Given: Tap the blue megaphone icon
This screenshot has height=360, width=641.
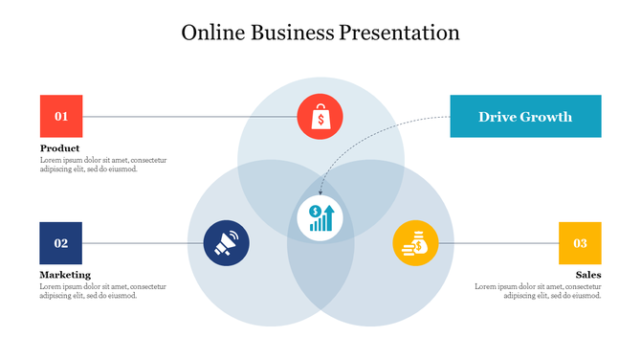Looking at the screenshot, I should (226, 243).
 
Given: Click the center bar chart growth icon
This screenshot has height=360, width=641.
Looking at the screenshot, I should (320, 218).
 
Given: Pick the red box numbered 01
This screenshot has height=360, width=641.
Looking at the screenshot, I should (60, 117).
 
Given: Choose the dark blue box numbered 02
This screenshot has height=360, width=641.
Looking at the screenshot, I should (60, 243).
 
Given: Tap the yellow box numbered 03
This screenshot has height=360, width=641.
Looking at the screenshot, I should (580, 243).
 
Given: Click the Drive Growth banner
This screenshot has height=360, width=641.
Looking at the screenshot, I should (525, 117).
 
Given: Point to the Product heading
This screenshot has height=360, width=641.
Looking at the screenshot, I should (59, 148).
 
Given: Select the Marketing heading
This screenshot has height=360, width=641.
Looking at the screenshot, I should (65, 275).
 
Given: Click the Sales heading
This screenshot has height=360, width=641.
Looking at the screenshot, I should (587, 275).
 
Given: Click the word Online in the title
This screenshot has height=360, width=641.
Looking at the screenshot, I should (212, 33).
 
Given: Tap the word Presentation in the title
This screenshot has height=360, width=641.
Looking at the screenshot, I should (399, 33).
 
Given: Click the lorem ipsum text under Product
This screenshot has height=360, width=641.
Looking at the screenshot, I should (102, 165).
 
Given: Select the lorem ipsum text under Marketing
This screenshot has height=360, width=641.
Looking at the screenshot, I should (102, 291).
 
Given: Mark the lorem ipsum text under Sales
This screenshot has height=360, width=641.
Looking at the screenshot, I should (538, 291).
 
